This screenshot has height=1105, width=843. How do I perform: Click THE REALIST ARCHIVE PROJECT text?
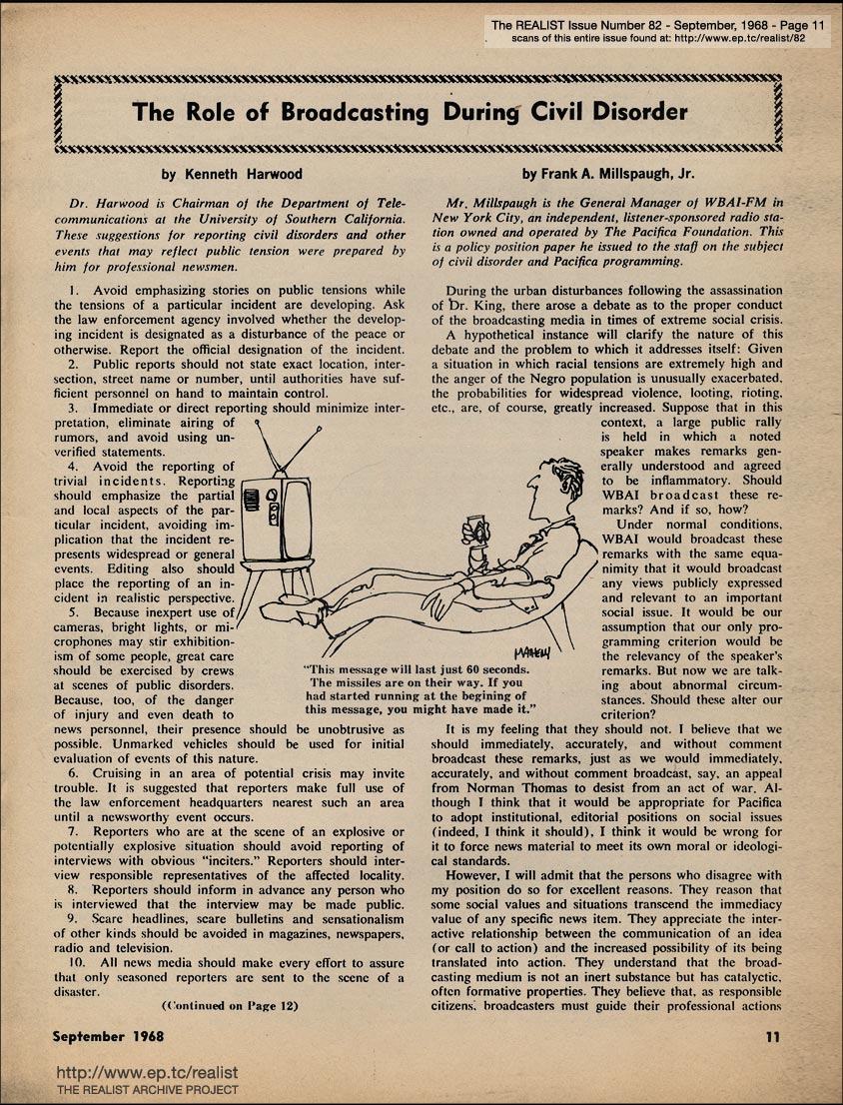tap(147, 1090)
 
